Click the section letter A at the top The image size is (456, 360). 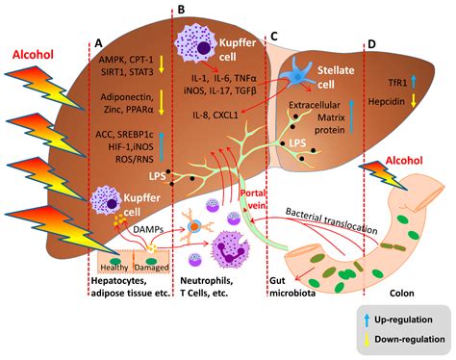[98, 44]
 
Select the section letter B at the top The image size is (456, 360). [182, 9]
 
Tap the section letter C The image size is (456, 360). [274, 36]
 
